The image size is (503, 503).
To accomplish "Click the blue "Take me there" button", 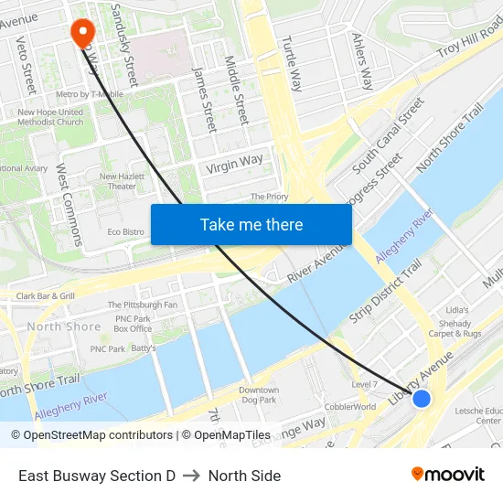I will (x=251, y=224).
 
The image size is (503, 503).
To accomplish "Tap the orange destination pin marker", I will (x=82, y=33).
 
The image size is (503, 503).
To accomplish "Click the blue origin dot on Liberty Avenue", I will (x=421, y=398).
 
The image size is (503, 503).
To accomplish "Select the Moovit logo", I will (x=447, y=474).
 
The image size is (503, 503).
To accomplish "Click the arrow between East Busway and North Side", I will (x=192, y=476).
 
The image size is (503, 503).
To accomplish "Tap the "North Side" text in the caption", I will (x=244, y=476).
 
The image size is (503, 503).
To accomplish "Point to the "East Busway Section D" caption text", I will (x=97, y=476).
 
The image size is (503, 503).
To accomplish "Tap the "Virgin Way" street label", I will (x=234, y=164).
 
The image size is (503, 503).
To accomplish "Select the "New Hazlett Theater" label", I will (x=117, y=181).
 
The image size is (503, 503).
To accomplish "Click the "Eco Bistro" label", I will (x=126, y=232).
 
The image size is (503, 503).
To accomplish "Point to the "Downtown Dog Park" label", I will (x=259, y=395).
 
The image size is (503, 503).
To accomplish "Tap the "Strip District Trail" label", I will (x=384, y=291).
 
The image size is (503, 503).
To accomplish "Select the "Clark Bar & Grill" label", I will (x=46, y=296).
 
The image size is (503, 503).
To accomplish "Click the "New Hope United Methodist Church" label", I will (x=50, y=117).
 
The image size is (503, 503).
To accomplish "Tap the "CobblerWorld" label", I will (x=350, y=407).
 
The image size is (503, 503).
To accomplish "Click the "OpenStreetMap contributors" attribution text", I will (x=92, y=435).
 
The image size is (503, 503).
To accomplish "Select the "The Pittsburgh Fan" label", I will (x=143, y=305).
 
